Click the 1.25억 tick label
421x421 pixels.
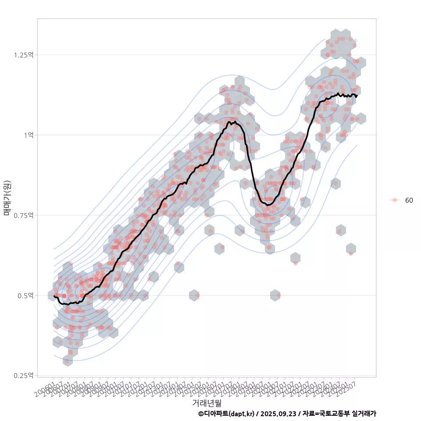(24, 55)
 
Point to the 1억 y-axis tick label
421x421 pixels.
(28, 135)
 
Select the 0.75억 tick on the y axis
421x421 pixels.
(24, 215)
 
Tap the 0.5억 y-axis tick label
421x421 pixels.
(25, 296)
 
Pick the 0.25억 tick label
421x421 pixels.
(24, 375)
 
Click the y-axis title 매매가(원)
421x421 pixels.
(7, 197)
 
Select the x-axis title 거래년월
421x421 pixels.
(207, 403)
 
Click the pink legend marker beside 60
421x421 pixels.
(395, 200)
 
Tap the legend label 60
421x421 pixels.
(409, 200)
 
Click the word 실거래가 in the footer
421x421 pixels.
(364, 414)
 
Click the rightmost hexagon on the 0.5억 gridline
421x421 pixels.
(275, 295)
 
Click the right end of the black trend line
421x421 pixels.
(357, 95)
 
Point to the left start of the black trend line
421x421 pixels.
(54, 296)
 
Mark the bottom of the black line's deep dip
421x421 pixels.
(268, 205)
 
